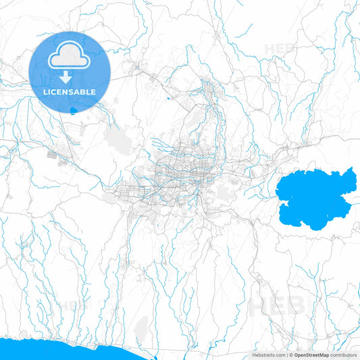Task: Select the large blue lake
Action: pyautogui.click(x=314, y=199)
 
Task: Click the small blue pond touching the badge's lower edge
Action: pyautogui.click(x=74, y=110)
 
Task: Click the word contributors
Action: pyautogui.click(x=343, y=354)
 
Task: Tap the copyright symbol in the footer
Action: pyautogui.click(x=291, y=354)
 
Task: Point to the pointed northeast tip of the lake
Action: pyautogui.click(x=352, y=169)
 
